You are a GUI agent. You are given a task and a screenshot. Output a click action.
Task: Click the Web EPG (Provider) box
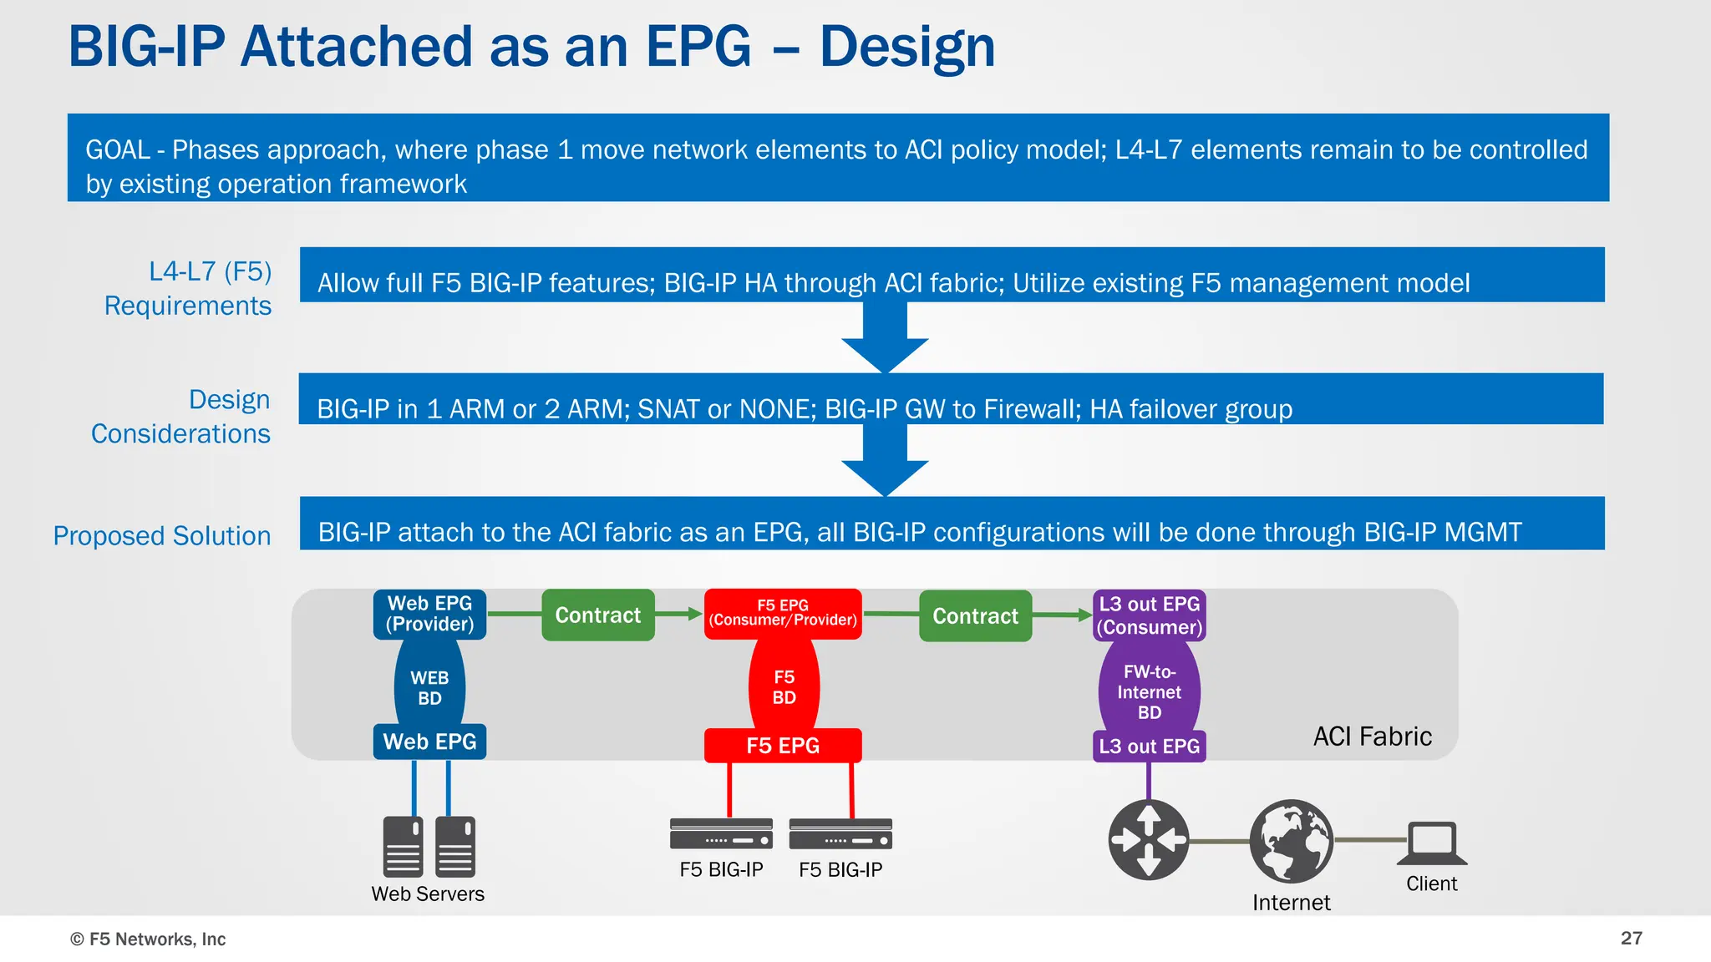(x=429, y=615)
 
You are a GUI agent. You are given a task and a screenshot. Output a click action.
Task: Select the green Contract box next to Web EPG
(x=597, y=615)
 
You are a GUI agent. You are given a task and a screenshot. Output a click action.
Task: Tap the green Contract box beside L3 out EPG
(x=975, y=616)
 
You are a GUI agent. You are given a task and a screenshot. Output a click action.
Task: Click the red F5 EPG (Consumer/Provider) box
(x=783, y=614)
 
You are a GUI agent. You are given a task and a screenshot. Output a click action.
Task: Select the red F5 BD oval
(x=784, y=686)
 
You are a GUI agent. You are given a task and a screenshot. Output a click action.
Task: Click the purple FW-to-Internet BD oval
(x=1149, y=691)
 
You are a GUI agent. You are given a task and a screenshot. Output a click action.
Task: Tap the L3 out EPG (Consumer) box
(x=1149, y=615)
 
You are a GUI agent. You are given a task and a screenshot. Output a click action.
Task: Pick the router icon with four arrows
(x=1149, y=839)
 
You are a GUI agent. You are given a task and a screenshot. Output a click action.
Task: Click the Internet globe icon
(x=1291, y=841)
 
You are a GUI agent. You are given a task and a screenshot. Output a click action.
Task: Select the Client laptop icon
(x=1432, y=843)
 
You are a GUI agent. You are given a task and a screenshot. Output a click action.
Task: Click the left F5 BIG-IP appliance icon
(x=721, y=833)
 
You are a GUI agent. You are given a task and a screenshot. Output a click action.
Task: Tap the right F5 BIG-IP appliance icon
(x=840, y=833)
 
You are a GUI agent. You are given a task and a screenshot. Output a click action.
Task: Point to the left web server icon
(x=403, y=846)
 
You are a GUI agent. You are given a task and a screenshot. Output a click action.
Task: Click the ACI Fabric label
(x=1372, y=737)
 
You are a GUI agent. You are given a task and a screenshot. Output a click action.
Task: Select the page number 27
(x=1631, y=938)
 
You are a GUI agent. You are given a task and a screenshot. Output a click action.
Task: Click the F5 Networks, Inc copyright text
(x=148, y=939)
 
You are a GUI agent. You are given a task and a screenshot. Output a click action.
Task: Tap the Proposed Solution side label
(x=162, y=535)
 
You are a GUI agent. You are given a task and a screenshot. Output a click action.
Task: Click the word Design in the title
(x=907, y=47)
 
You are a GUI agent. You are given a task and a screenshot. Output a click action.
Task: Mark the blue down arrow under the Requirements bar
(x=885, y=337)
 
